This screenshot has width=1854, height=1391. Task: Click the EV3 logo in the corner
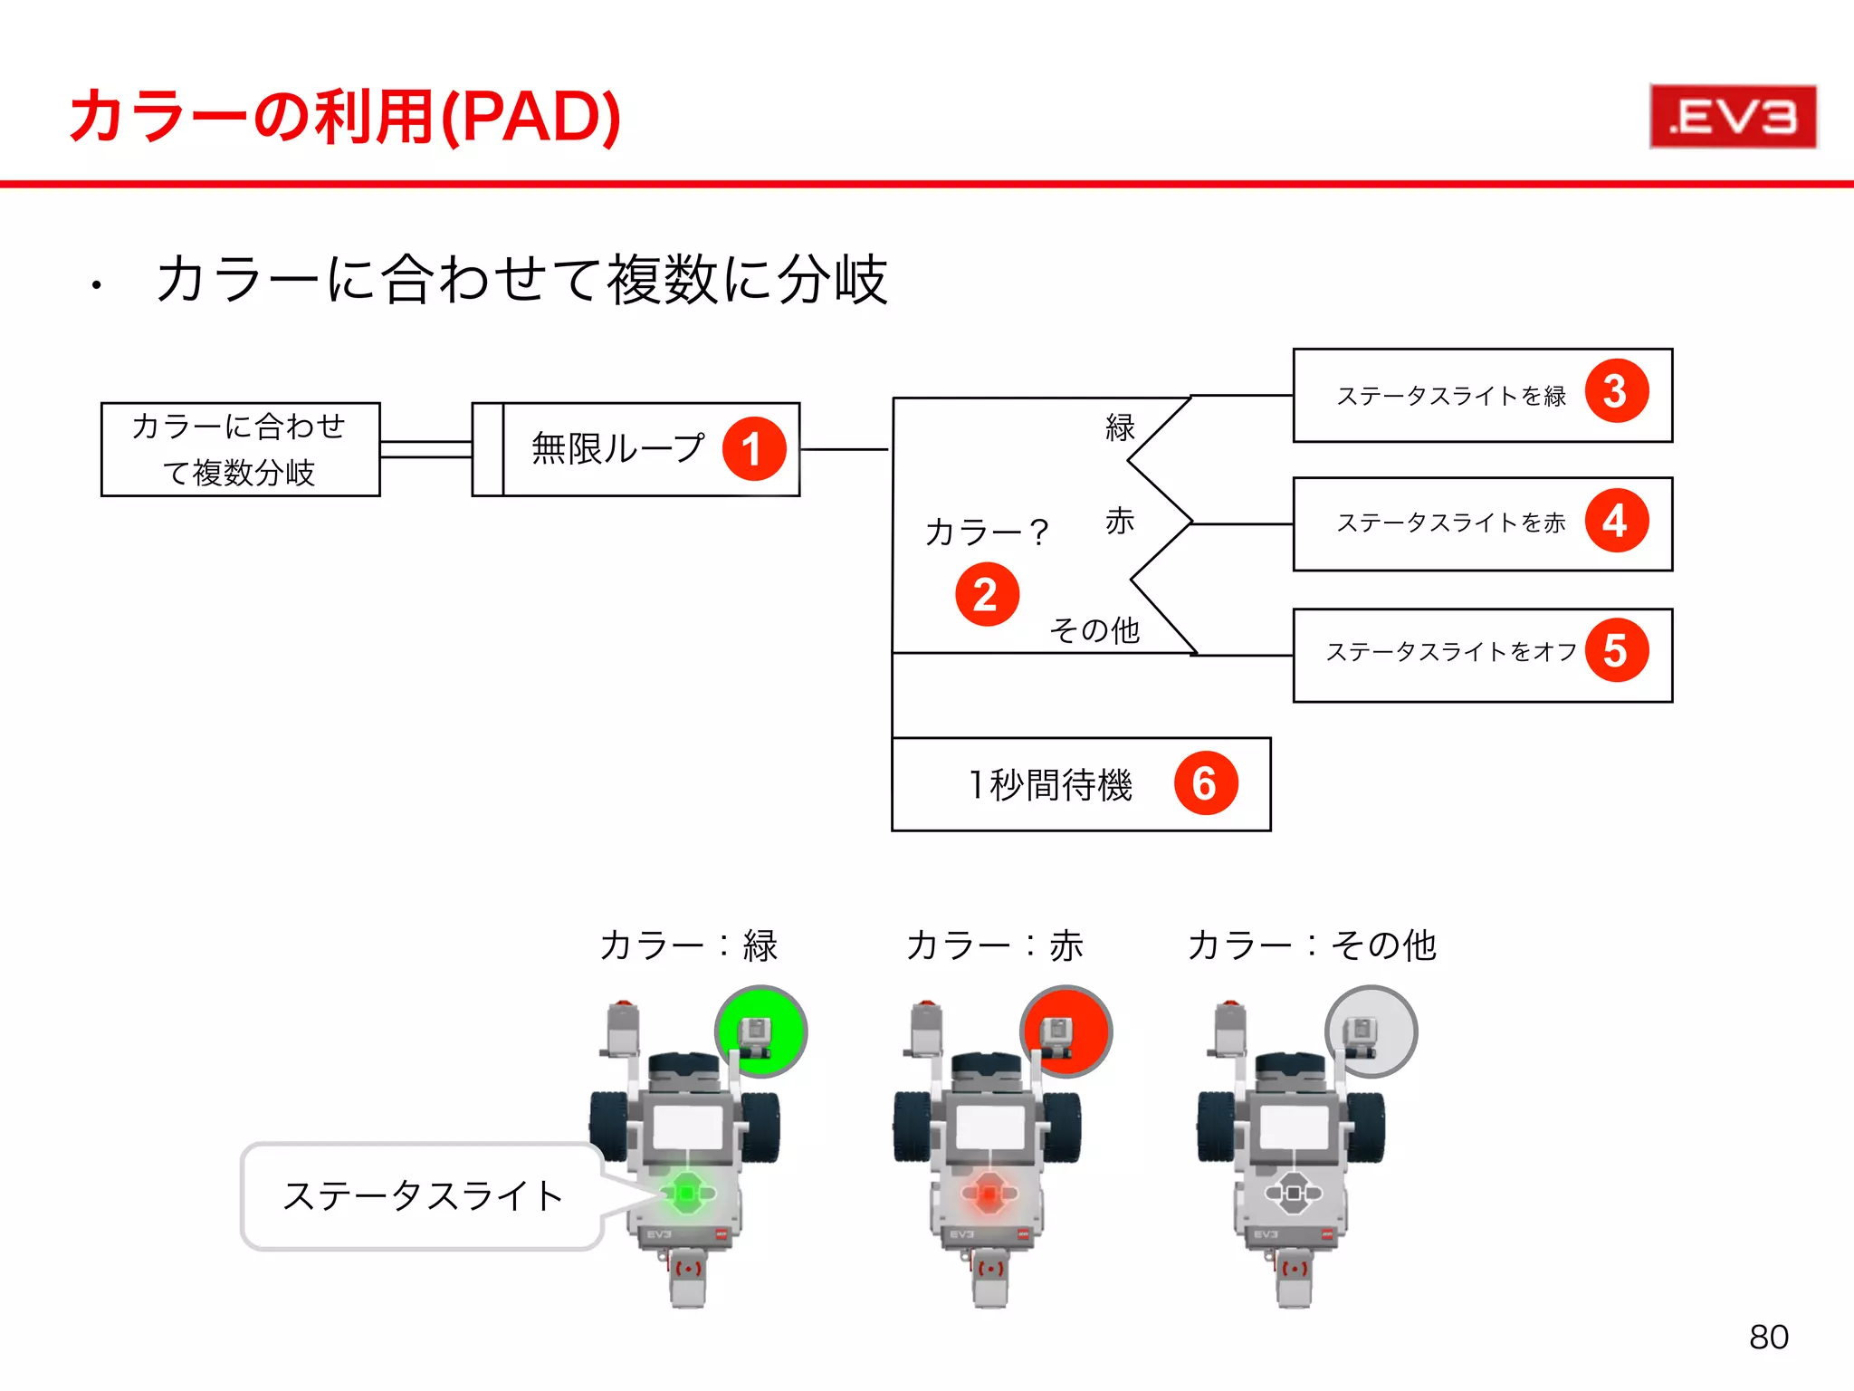(1732, 117)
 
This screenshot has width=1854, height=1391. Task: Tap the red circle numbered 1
(753, 449)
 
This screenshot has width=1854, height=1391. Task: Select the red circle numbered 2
(987, 595)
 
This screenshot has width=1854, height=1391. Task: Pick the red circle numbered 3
(1616, 392)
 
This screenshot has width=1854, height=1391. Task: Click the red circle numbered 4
(1616, 522)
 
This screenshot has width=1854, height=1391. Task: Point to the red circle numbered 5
(1616, 651)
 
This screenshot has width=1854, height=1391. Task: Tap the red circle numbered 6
(1205, 783)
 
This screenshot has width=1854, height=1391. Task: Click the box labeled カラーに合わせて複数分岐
(240, 449)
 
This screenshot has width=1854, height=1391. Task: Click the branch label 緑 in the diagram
(1120, 427)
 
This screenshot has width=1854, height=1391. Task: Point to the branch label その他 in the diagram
(1094, 629)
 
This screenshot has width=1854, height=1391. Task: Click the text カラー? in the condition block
(986, 532)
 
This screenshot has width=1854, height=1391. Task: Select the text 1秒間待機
(1050, 784)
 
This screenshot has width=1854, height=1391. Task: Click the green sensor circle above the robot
(760, 1031)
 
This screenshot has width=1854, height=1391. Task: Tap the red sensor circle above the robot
(1066, 1031)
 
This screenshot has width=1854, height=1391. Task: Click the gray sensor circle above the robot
(1371, 1031)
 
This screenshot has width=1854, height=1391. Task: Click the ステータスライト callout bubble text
(423, 1196)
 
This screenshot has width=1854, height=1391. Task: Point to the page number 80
(1768, 1338)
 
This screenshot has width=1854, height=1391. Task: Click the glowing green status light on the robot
(687, 1194)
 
